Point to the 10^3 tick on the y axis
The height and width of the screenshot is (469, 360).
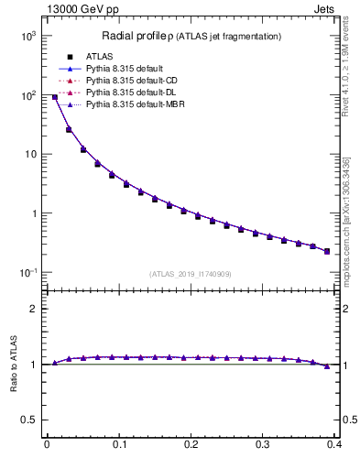pos(27,36)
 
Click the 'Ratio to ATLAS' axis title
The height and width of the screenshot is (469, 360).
pos(12,364)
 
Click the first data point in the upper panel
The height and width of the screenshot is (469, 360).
pos(55,96)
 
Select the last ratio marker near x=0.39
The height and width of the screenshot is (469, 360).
pos(327,366)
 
